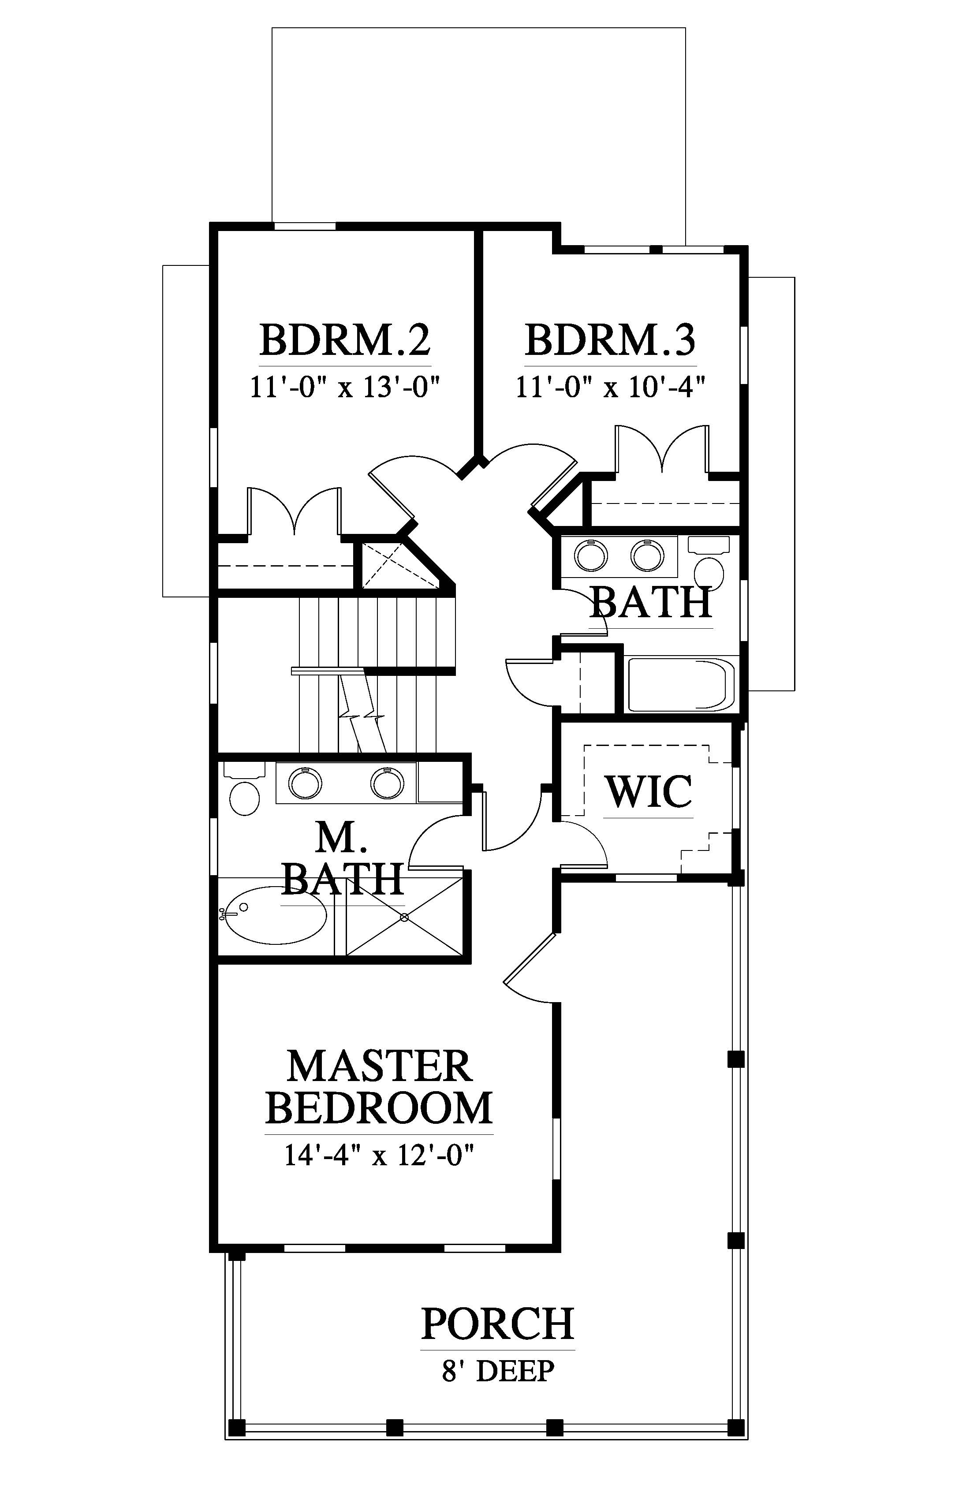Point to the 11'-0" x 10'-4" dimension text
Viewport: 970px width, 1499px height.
pos(610,388)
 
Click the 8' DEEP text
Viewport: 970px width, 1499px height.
pos(498,1371)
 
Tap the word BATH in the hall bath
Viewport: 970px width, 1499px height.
pos(651,602)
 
